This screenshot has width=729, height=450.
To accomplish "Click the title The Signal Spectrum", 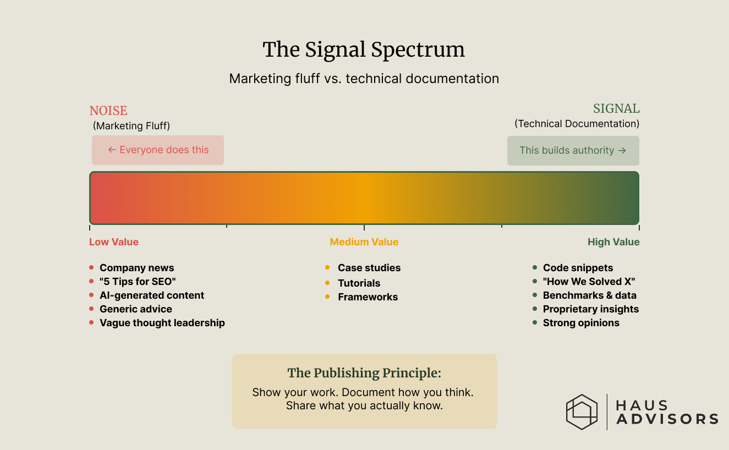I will tap(364, 50).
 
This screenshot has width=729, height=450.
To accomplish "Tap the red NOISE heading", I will tap(108, 111).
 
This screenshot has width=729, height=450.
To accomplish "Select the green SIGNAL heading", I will tap(616, 108).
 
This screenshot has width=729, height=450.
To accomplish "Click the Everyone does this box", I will tap(158, 150).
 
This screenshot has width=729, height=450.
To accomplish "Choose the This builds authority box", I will tap(573, 150).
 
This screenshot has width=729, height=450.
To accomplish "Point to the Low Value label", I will tap(114, 242).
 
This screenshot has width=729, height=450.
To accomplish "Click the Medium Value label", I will tap(364, 242).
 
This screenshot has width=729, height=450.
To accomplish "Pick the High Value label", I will tap(613, 242).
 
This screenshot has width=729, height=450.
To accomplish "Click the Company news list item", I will tap(136, 268).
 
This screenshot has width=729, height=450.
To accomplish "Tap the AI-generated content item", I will tap(151, 295).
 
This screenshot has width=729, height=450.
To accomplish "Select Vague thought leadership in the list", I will tap(162, 323).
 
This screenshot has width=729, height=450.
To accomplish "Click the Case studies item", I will tap(369, 268).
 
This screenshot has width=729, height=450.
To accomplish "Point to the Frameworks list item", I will tap(368, 297).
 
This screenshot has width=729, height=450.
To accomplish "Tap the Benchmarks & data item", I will tap(589, 295).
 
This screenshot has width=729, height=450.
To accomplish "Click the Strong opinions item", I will tap(581, 323).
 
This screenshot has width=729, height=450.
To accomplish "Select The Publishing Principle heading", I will tap(364, 373).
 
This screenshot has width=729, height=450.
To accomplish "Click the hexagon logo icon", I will tap(582, 411).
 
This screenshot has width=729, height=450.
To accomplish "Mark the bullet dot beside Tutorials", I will tap(327, 283).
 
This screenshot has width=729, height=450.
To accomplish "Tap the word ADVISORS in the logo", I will tap(667, 419).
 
